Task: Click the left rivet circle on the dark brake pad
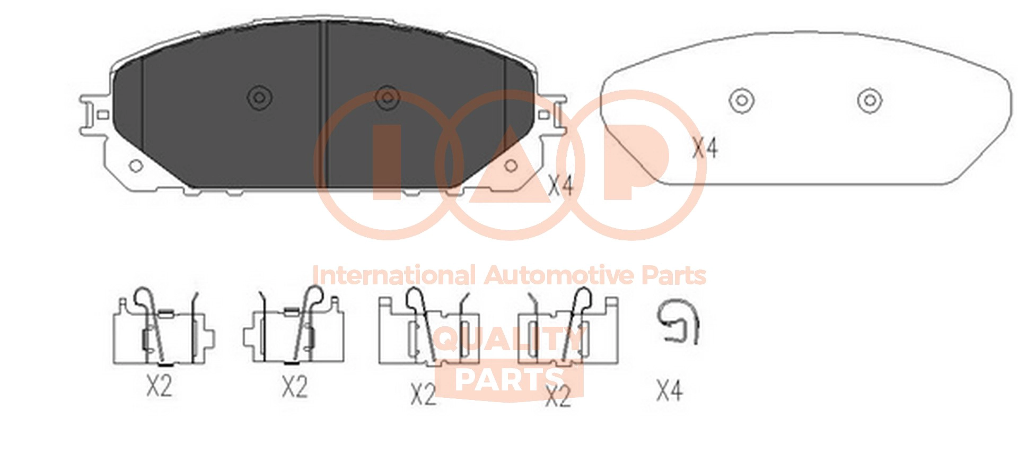point(260,98)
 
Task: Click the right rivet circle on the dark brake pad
point(388,98)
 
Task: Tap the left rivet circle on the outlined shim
point(742,100)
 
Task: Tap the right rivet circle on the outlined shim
point(870,100)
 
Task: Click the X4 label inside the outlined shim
point(705,148)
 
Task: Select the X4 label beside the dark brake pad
point(560,186)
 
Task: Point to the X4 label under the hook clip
point(669,390)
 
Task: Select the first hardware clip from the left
point(163,327)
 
